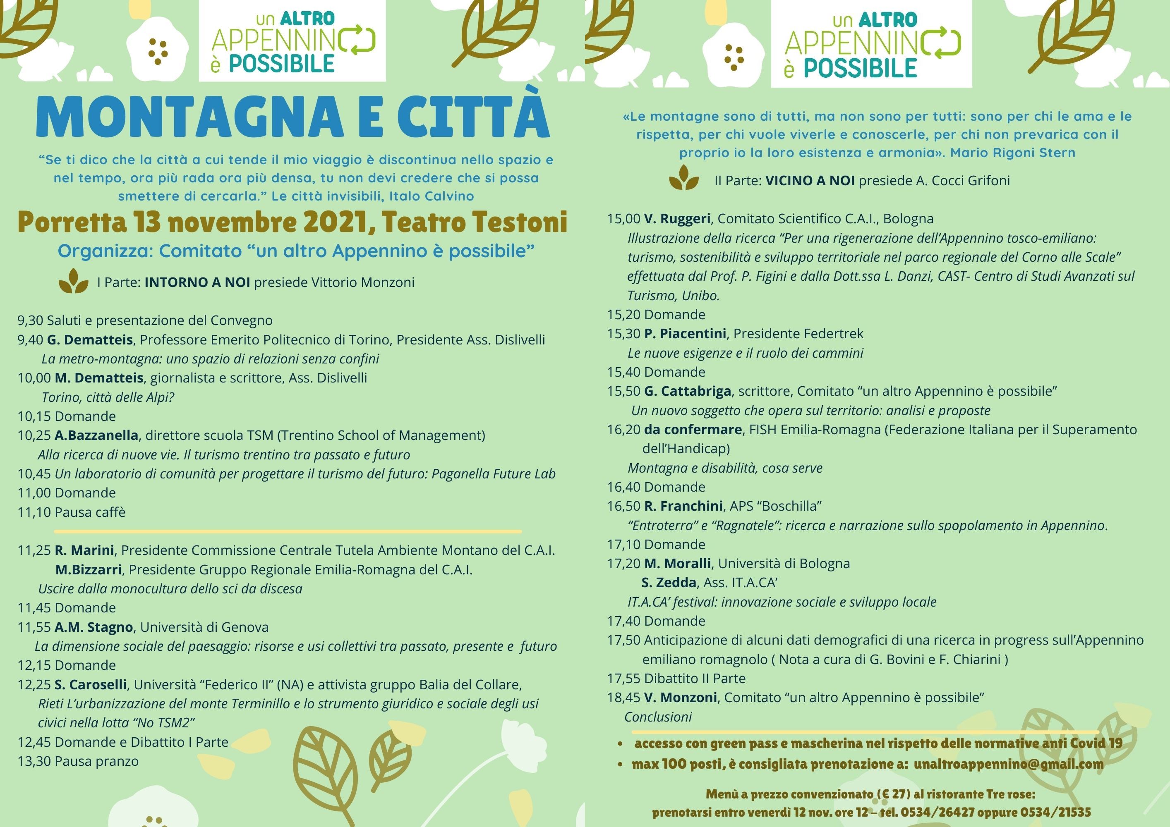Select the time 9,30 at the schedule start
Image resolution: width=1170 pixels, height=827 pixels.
[30, 320]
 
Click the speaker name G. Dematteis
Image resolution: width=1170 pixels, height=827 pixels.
[90, 339]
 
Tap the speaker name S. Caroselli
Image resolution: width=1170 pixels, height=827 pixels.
[91, 684]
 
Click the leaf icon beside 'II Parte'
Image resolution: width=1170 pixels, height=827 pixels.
[683, 178]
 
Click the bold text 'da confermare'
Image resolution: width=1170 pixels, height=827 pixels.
[693, 430]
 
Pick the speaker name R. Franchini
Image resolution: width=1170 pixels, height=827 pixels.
[683, 506]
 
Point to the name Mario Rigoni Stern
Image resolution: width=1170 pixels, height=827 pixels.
[1012, 153]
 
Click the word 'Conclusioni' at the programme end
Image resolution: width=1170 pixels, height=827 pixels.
[658, 717]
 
